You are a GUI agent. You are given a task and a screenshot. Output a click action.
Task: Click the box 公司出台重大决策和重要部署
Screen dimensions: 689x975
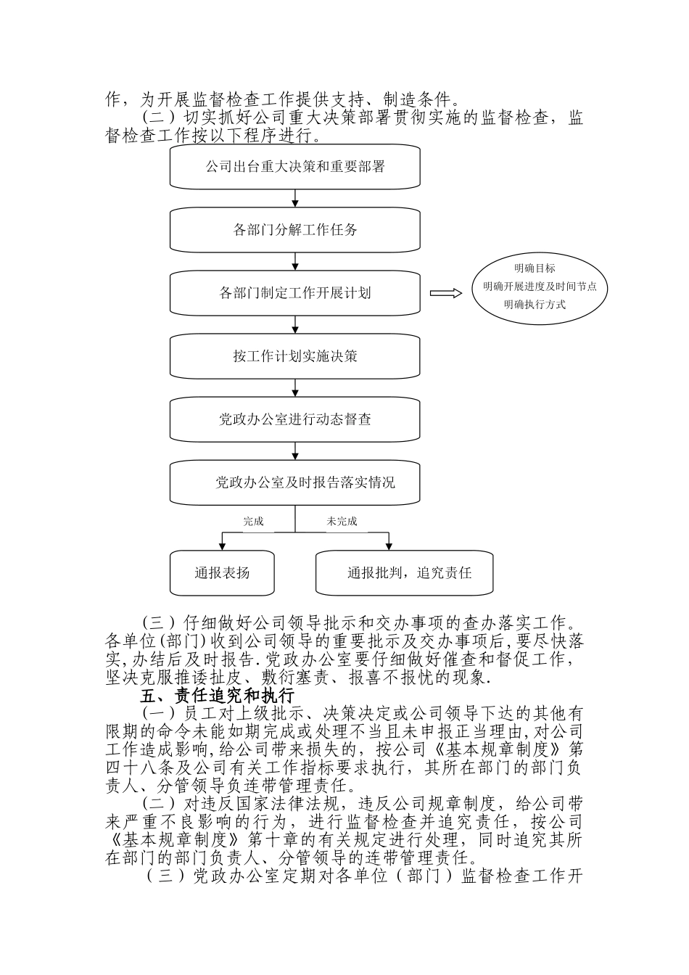[x=295, y=167]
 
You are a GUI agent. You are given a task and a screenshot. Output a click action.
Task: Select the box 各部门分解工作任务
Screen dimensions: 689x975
[x=295, y=230]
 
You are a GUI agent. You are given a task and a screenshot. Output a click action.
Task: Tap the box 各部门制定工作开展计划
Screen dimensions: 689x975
[x=295, y=293]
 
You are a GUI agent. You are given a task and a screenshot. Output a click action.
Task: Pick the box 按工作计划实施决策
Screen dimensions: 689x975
[x=295, y=356]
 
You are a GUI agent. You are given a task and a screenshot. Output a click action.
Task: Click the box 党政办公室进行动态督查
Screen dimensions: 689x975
[x=295, y=419]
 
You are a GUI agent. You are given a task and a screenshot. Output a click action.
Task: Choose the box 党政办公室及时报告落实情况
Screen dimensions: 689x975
[x=295, y=482]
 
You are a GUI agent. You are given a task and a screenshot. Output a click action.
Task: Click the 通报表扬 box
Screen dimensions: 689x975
[x=222, y=573]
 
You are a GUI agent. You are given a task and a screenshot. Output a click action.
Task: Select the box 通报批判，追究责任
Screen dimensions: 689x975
[x=405, y=573]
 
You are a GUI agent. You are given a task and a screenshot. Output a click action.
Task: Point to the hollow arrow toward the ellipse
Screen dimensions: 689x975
[x=445, y=293]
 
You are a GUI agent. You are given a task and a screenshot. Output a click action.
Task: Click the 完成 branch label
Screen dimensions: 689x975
[x=253, y=521]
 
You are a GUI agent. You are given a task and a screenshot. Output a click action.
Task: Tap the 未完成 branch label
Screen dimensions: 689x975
[x=342, y=521]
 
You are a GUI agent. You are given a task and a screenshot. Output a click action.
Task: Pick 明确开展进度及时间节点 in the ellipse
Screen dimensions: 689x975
[x=540, y=287]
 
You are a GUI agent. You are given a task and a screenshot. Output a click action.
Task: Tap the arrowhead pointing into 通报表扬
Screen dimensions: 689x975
[x=222, y=546]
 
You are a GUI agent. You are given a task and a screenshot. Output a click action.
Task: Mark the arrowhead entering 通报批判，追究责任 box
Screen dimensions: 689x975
[x=389, y=546]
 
